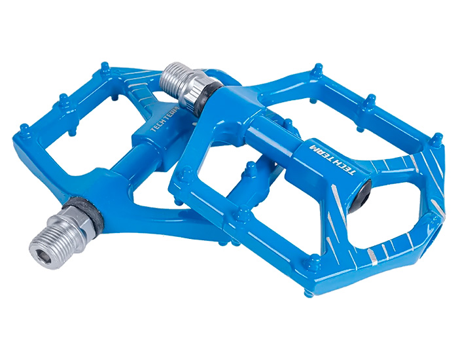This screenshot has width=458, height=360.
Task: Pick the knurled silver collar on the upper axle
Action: (x=193, y=88)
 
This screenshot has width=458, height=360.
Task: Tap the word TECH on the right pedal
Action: (x=345, y=167)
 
